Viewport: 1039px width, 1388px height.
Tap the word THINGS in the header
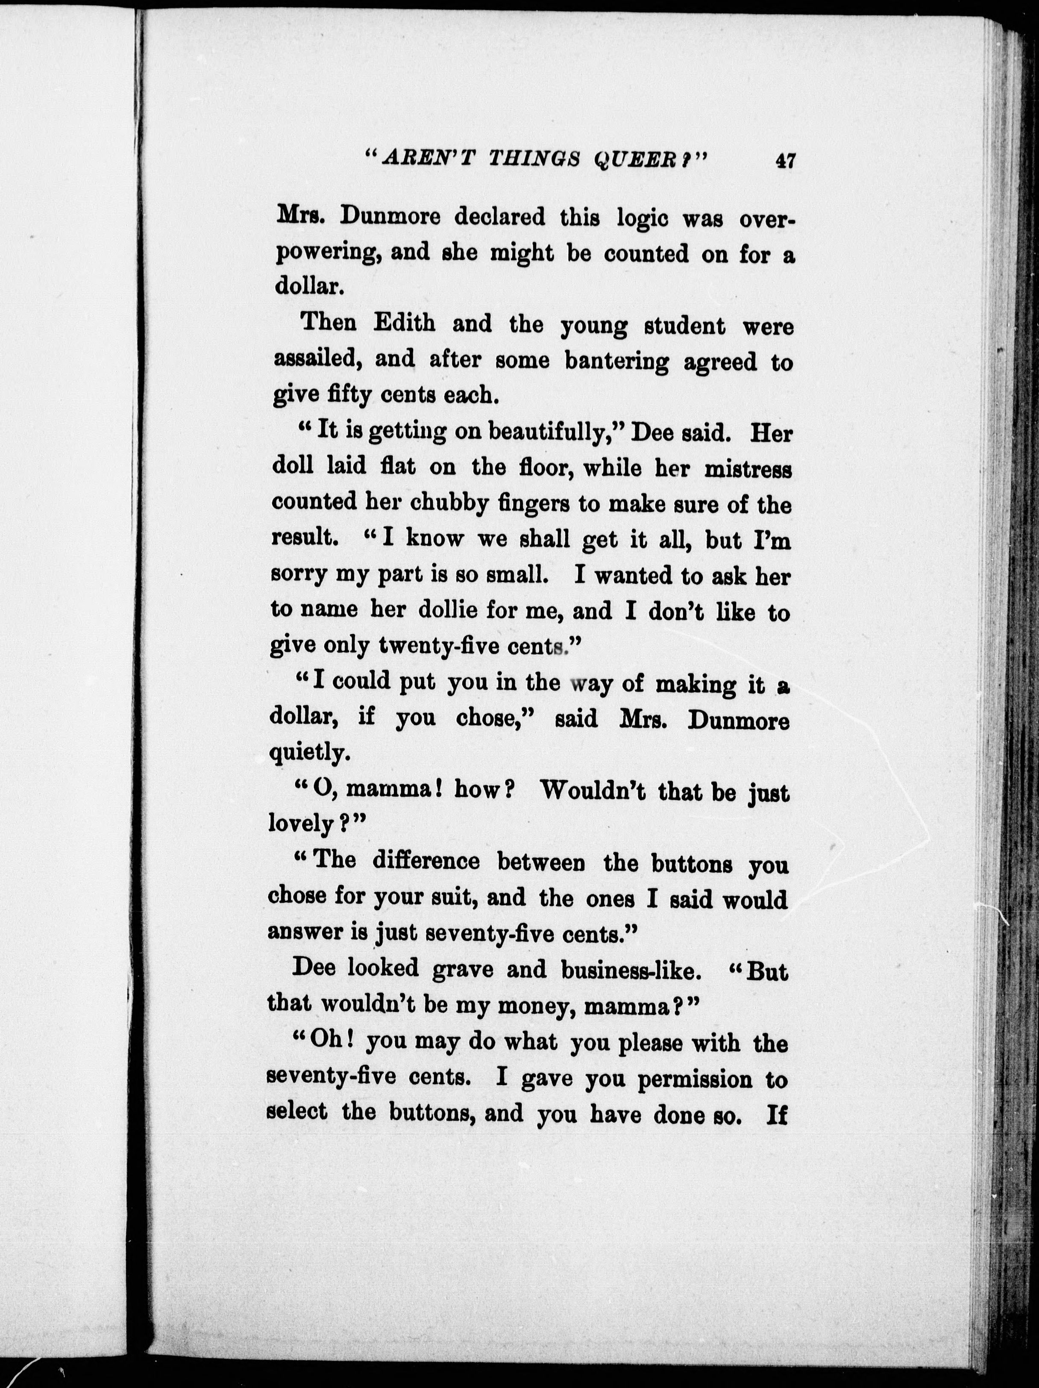tap(538, 161)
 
